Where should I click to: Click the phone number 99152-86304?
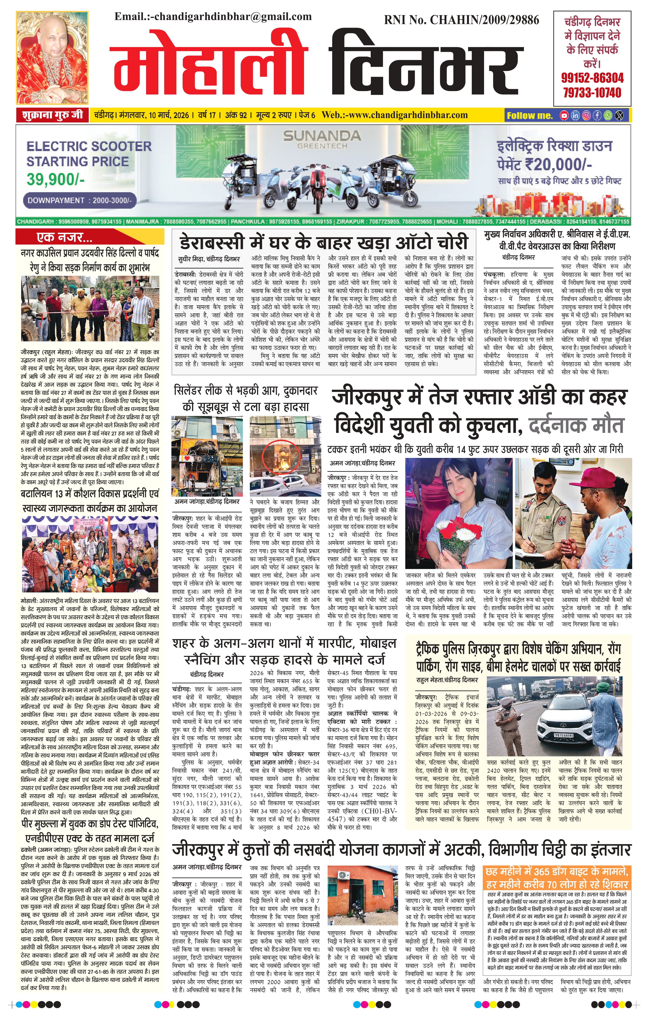592,78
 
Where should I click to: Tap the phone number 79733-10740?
592,93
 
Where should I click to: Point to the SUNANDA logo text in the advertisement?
322,136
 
